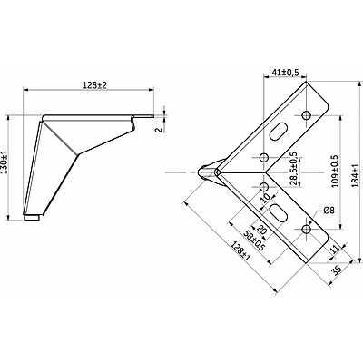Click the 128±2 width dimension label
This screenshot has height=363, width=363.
(x=95, y=85)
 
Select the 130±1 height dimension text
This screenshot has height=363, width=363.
(x=5, y=162)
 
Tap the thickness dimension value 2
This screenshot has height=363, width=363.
(x=159, y=130)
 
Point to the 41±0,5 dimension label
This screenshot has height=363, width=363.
(x=285, y=73)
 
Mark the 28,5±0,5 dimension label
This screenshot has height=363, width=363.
(x=293, y=169)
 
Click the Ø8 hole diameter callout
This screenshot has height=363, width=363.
(x=329, y=211)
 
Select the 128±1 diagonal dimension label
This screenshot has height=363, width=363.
(x=240, y=250)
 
